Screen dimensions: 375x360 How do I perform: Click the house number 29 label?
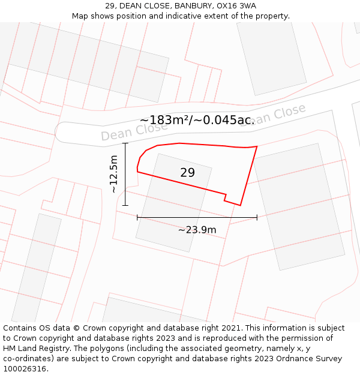click(187, 173)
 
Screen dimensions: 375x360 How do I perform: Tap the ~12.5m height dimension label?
click(113, 174)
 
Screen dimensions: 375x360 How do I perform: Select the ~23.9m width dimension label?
click(197, 229)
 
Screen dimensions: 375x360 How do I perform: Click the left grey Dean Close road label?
click(134, 130)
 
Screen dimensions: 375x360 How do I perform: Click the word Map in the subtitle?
click(80, 16)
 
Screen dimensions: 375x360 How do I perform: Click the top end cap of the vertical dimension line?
click(125, 143)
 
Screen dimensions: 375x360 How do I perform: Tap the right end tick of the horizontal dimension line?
click(257, 217)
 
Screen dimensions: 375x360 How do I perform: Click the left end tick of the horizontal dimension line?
click(137, 217)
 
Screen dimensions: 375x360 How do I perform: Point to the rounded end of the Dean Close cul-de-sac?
click(61, 133)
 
